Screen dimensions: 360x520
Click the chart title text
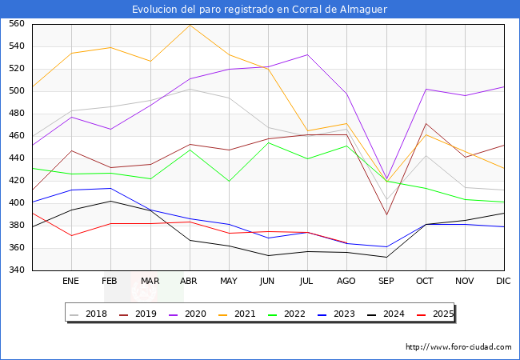pyautogui.click(x=260, y=10)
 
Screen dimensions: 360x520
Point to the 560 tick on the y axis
pyautogui.click(x=17, y=24)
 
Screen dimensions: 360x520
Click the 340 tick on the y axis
pyautogui.click(x=17, y=270)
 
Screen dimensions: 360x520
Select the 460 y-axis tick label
pyautogui.click(x=17, y=136)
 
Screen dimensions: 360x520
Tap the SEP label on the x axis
pyautogui.click(x=386, y=282)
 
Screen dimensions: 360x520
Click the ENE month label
pyautogui.click(x=71, y=282)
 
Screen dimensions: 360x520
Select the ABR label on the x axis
pyautogui.click(x=189, y=282)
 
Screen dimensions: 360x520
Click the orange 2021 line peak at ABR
pyautogui.click(x=189, y=26)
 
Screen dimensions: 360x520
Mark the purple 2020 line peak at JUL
pyautogui.click(x=307, y=54)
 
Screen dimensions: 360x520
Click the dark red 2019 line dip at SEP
pyautogui.click(x=386, y=214)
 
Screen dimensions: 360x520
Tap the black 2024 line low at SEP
pyautogui.click(x=386, y=257)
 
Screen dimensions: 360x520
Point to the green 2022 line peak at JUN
pyautogui.click(x=268, y=142)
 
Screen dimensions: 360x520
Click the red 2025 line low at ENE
pyautogui.click(x=71, y=235)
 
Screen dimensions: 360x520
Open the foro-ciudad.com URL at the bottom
pyautogui.click(x=458, y=347)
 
